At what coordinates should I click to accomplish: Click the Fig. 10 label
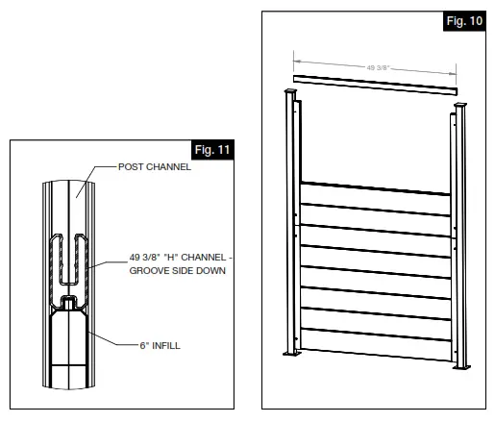coord(463,20)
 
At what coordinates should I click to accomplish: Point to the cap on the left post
coord(290,94)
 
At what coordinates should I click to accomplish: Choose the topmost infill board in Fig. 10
coord(376,194)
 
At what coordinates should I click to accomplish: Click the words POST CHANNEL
coord(154,166)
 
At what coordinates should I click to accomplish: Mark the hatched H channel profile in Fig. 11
coord(69,260)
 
